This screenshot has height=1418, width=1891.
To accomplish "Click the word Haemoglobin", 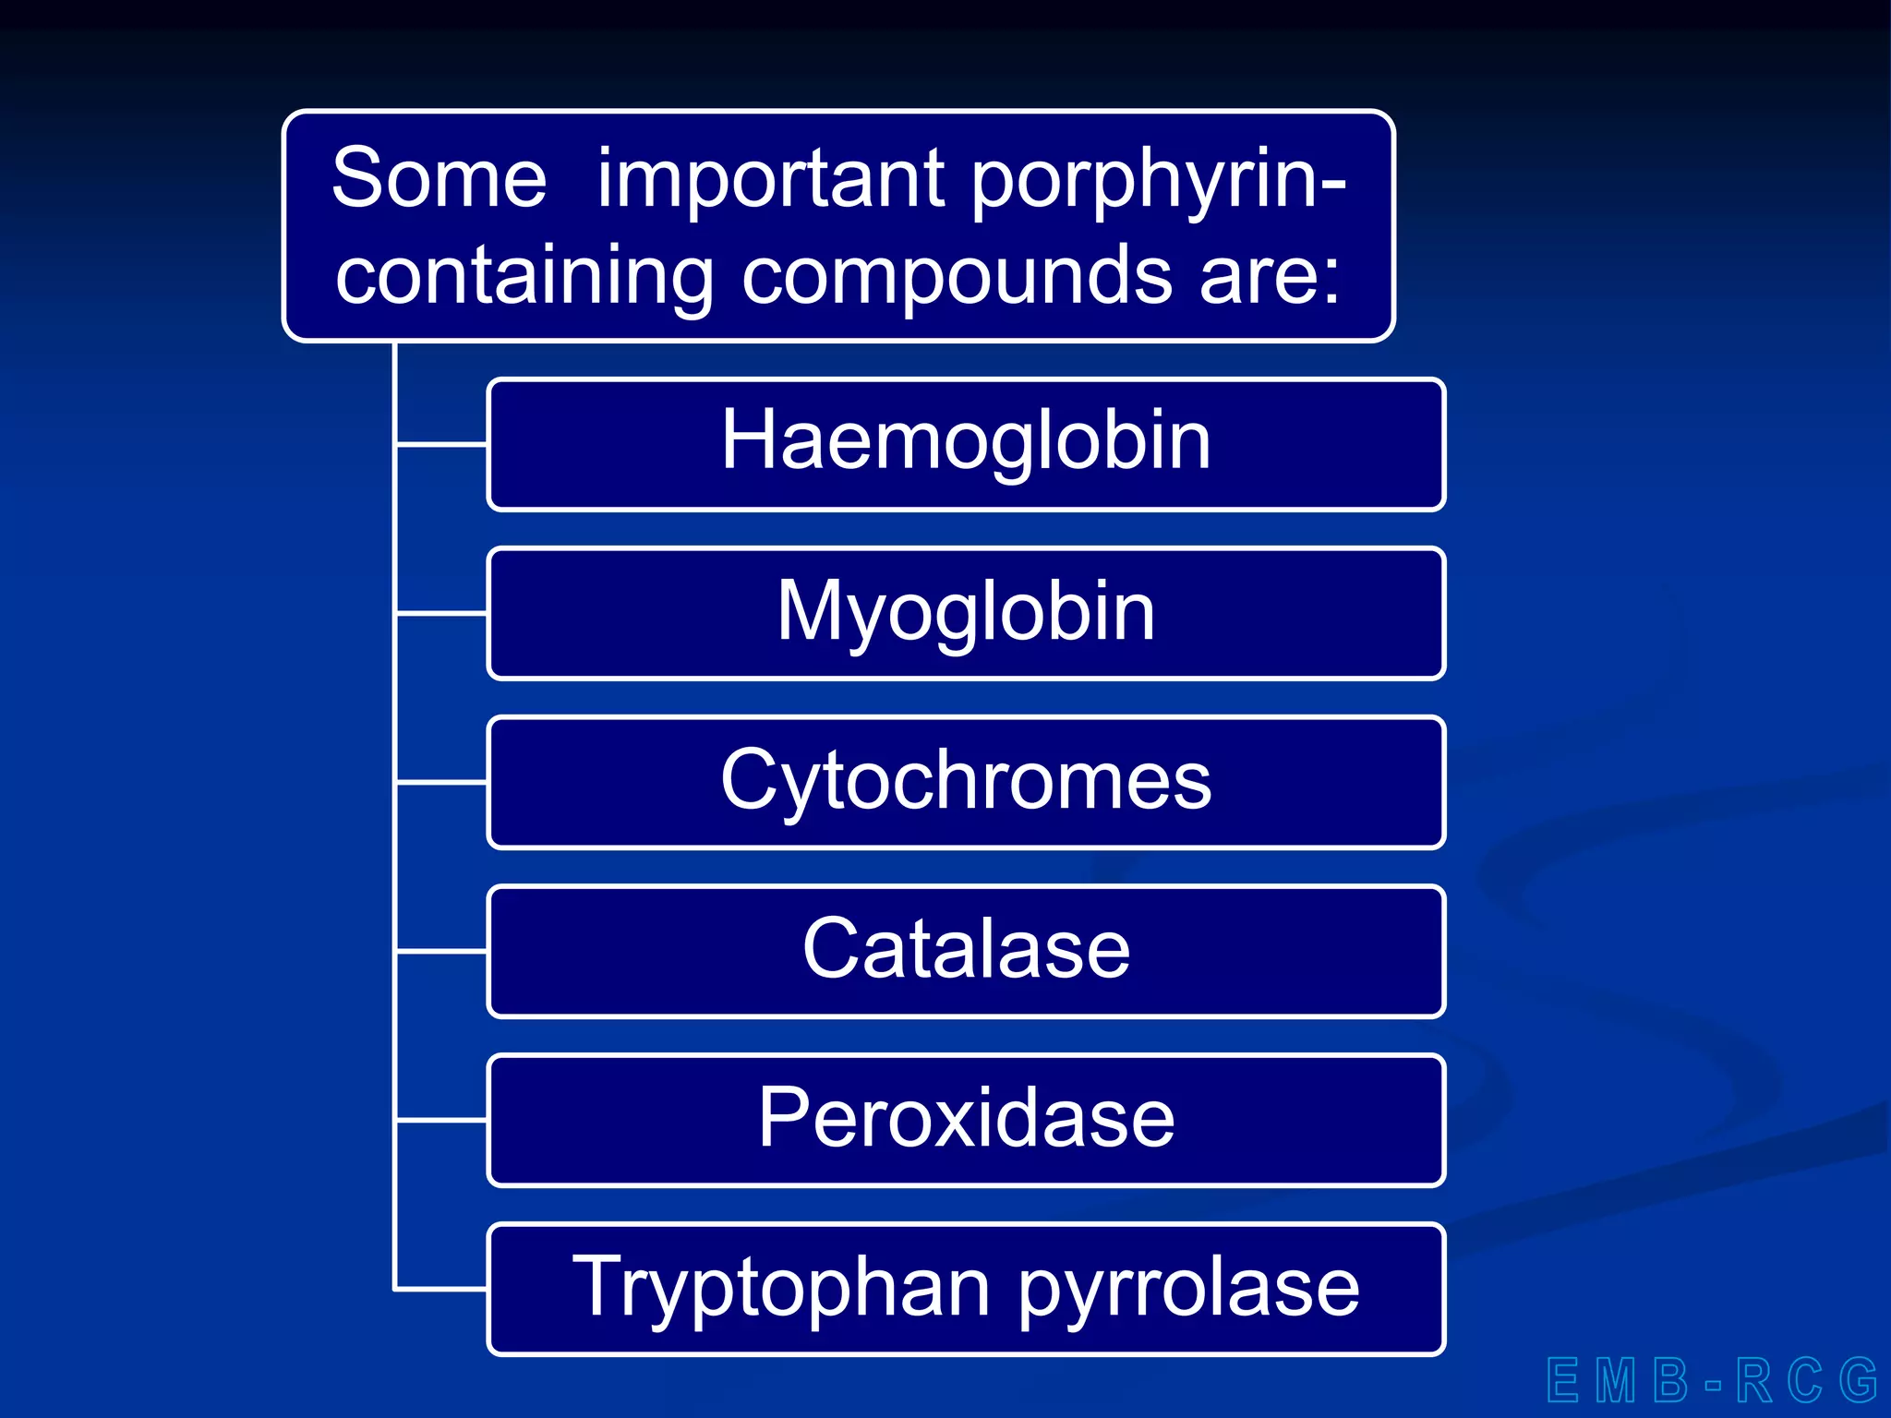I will click(x=965, y=441).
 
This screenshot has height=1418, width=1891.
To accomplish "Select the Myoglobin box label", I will click(x=965, y=611).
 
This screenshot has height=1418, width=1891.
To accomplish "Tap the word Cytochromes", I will click(x=965, y=781).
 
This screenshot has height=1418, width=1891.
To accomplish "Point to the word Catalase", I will click(x=965, y=949).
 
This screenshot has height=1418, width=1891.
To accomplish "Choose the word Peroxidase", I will click(x=965, y=1118).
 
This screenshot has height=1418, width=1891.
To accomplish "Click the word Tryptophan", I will click(x=781, y=1288).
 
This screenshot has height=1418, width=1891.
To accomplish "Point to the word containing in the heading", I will click(x=524, y=276).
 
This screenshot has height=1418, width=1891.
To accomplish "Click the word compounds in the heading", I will click(x=957, y=276).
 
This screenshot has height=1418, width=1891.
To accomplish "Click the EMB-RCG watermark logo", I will click(x=1712, y=1381).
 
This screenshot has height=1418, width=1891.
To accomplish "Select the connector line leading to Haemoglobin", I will click(x=441, y=445).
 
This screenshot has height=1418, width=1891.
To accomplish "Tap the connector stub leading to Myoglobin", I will click(x=441, y=612).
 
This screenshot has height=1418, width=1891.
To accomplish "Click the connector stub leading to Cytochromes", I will click(x=441, y=782).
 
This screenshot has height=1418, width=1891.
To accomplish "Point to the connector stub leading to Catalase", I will click(x=441, y=950).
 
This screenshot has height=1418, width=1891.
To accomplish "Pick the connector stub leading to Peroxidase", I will click(x=441, y=1120).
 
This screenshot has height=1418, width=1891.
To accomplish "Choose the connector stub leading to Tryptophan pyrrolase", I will click(x=441, y=1289).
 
